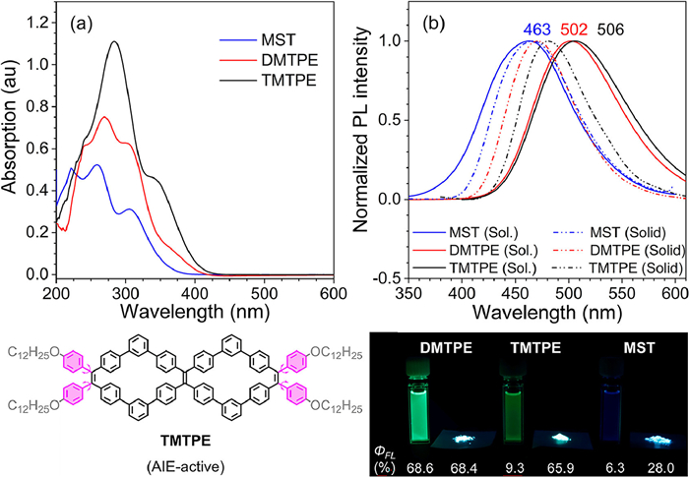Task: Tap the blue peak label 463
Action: click(x=536, y=30)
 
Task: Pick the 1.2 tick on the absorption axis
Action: click(x=36, y=19)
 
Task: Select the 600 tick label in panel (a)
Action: click(x=334, y=293)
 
